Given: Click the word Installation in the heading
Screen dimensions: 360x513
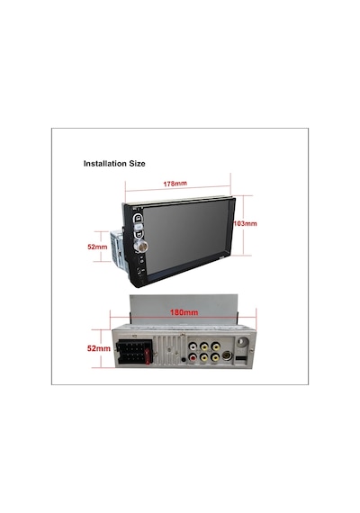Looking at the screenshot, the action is coord(104,163).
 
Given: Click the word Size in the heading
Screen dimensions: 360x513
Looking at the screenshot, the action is coord(137,163).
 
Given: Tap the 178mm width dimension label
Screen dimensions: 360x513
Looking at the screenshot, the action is coord(175,184).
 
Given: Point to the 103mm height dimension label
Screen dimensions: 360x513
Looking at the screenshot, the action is coord(245,224).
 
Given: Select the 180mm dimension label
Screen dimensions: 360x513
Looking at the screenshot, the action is coord(184,312).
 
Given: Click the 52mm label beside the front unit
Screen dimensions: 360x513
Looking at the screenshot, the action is coord(97,247).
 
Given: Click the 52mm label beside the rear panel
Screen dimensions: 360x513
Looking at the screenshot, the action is coord(98,348).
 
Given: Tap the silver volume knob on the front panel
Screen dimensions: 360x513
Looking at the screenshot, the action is coord(142,247).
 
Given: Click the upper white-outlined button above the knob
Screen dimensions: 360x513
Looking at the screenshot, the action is coord(138,217).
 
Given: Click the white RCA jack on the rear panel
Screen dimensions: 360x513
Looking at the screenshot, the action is coord(193,346).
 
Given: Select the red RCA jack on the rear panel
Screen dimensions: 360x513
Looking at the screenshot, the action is coord(193,357).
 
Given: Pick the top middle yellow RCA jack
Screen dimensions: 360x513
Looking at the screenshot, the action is coord(204,346).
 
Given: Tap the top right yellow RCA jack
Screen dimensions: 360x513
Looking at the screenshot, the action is coord(215,346).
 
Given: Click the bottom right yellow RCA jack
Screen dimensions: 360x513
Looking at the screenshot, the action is coord(215,357).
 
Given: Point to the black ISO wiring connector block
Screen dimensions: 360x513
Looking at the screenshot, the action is coord(133,352).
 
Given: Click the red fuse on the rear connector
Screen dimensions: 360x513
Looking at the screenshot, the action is coord(148,356).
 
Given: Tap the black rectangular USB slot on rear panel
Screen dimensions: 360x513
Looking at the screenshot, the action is coord(240,360).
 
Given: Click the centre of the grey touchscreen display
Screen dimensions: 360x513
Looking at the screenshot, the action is coord(185,237).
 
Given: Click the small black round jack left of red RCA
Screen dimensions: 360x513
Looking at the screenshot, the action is coord(184,360).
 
